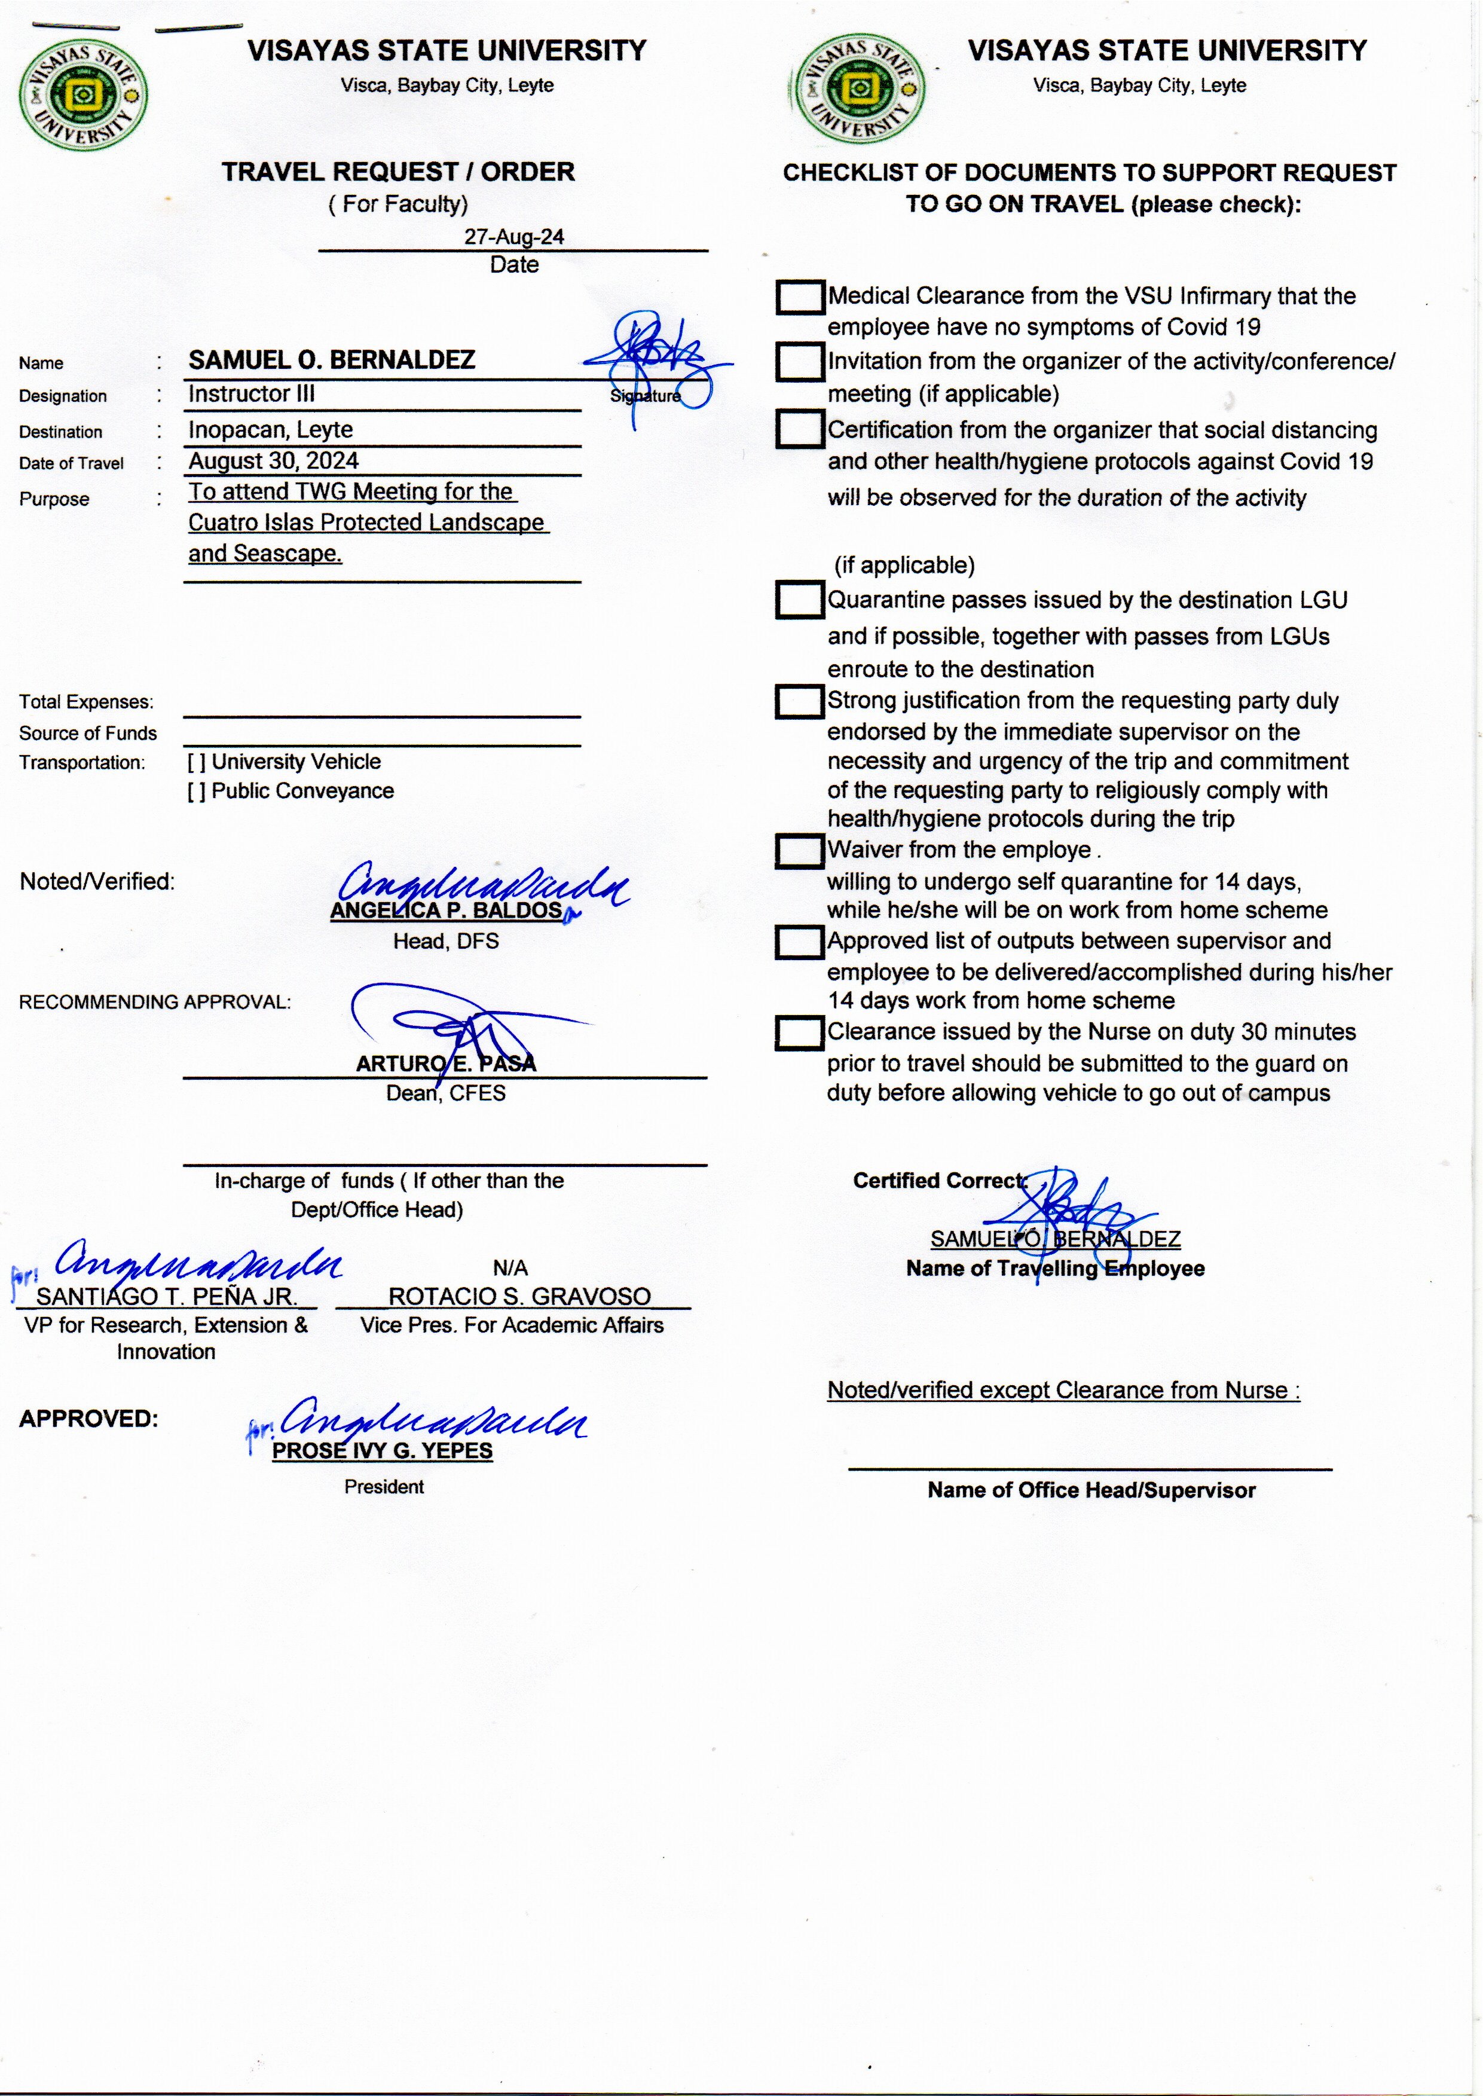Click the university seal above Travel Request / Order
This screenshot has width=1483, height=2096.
(83, 94)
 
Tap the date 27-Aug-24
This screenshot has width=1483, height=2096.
(513, 237)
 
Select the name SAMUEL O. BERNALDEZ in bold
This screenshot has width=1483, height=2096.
(332, 360)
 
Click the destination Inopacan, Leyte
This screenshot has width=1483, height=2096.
(270, 429)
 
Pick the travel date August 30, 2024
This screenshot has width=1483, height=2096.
(273, 460)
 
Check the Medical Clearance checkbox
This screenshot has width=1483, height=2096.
(799, 297)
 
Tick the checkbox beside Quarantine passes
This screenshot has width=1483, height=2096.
(799, 600)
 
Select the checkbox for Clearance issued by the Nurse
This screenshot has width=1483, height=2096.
(799, 1033)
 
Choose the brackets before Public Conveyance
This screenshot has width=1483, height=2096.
(196, 792)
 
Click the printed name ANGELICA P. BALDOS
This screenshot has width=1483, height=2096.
(446, 910)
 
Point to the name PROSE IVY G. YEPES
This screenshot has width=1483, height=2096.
(383, 1450)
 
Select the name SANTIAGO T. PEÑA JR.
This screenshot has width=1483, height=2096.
(166, 1297)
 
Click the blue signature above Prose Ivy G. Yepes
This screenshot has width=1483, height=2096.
(429, 1421)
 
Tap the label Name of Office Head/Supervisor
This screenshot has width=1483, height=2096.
(1091, 1490)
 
